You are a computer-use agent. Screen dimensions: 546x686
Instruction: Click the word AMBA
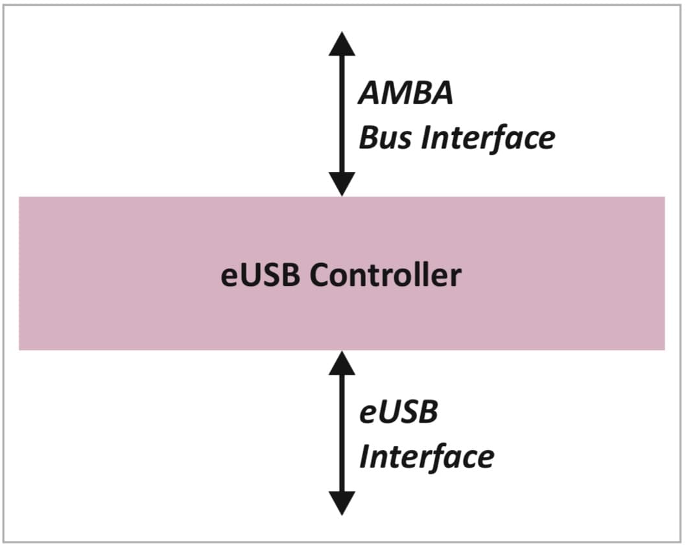[x=406, y=95]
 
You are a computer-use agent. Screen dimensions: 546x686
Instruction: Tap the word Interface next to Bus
[x=488, y=137]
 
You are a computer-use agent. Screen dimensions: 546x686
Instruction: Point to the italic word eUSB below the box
[x=399, y=412]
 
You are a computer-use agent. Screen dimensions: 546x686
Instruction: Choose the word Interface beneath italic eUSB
[x=427, y=457]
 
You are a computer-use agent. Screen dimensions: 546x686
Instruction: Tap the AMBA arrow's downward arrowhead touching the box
[x=342, y=184]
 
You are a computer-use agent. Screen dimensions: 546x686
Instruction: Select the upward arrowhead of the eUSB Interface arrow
[x=342, y=362]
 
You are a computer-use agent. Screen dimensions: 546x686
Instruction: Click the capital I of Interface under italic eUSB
[x=365, y=457]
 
